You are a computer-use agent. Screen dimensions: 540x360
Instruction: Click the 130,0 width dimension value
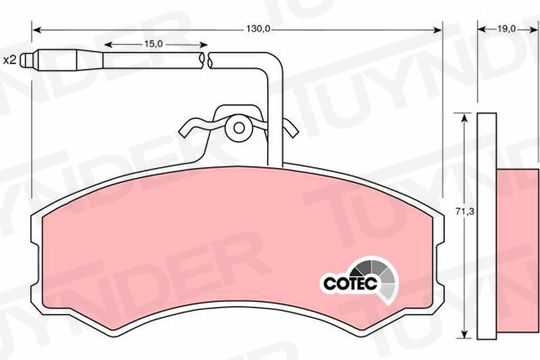coord(258,29)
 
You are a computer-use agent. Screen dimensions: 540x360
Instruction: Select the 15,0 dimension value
coord(153,44)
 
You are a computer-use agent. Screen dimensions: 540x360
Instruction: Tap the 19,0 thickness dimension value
coord(506,29)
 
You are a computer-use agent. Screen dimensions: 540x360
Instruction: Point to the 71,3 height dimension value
coord(465,212)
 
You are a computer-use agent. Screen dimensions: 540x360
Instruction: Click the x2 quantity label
coord(10,60)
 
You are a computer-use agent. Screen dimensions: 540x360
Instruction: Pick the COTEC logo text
coord(350,284)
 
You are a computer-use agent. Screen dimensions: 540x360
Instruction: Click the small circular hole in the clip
coord(239,128)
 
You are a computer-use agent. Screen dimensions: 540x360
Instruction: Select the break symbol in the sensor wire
coord(206,60)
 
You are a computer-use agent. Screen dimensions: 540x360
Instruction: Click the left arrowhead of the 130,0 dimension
coord(38,30)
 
